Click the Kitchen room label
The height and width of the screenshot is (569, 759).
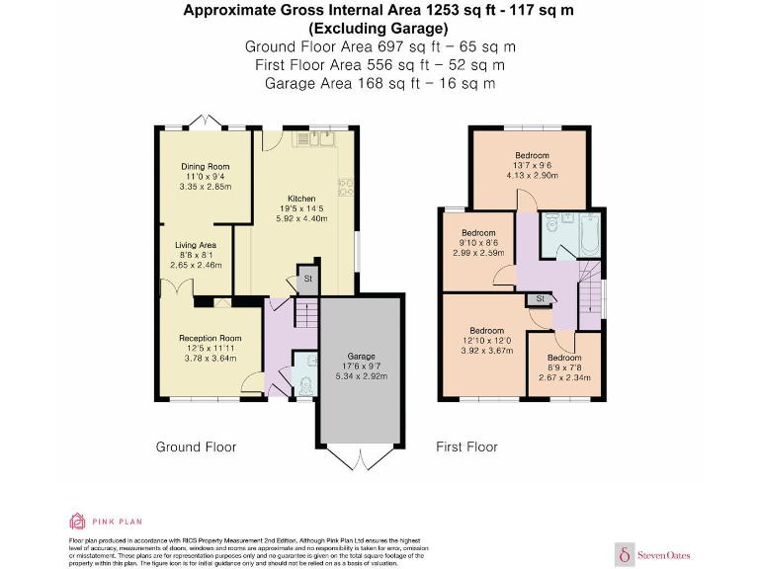pyautogui.click(x=301, y=198)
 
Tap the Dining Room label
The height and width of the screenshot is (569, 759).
pyautogui.click(x=205, y=166)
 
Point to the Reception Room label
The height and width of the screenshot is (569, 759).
pyautogui.click(x=210, y=339)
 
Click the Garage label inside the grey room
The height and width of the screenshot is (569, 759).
pyautogui.click(x=360, y=356)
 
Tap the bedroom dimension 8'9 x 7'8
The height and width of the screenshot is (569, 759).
pyautogui.click(x=563, y=366)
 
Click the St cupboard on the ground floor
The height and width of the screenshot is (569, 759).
pyautogui.click(x=307, y=280)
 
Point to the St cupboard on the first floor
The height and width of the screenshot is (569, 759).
pyautogui.click(x=540, y=298)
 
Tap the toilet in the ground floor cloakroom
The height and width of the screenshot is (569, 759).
pyautogui.click(x=305, y=383)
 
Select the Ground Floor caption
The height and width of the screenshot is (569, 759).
pyautogui.click(x=196, y=447)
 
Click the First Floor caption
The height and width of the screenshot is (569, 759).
pyautogui.click(x=466, y=447)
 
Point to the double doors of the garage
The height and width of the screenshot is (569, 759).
pyautogui.click(x=359, y=455)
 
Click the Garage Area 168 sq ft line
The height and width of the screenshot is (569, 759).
pyautogui.click(x=379, y=83)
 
